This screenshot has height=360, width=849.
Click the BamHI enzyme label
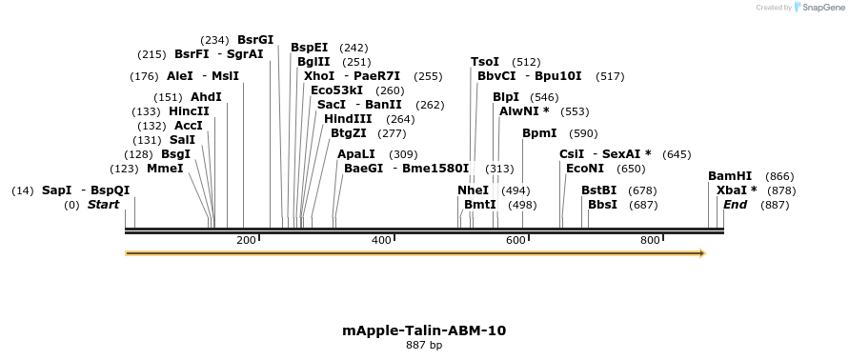[x=730, y=176]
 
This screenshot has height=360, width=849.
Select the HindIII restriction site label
[x=348, y=119]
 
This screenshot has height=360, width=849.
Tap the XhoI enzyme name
[x=319, y=75]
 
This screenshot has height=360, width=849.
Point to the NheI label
[x=473, y=190]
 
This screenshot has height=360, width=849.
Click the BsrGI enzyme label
[x=255, y=40]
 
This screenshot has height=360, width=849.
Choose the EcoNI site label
[x=585, y=169]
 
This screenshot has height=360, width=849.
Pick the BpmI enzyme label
[x=539, y=133]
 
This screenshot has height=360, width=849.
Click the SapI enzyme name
[x=56, y=190]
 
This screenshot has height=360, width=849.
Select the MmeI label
[x=165, y=169]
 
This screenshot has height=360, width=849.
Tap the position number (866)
[x=779, y=177]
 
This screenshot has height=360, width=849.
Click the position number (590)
[x=583, y=134]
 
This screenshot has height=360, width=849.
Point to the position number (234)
[x=214, y=41]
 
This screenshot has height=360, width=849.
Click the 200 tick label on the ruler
[x=246, y=240]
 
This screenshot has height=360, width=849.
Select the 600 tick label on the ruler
[x=515, y=240]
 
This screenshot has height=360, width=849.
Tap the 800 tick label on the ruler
[x=651, y=240]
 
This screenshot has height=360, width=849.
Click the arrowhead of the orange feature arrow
[x=701, y=253]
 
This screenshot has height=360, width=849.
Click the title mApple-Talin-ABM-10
[x=424, y=330]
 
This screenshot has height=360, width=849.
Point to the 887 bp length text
[x=424, y=346]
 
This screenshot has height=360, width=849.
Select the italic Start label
[x=105, y=205]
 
